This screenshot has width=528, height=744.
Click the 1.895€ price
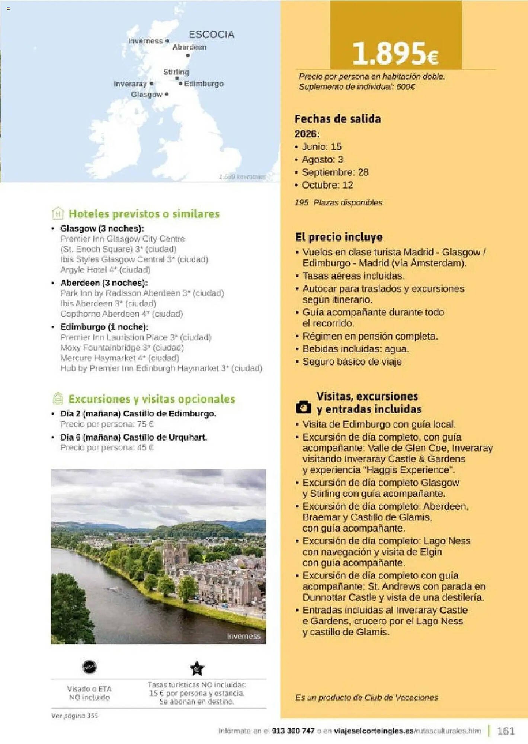pyautogui.click(x=395, y=53)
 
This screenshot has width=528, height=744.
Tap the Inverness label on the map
pyautogui.click(x=145, y=41)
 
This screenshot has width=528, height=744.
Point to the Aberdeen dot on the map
pyautogui.click(x=188, y=55)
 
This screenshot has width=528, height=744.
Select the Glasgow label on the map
pyautogui.click(x=146, y=94)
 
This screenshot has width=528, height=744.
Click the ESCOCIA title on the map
pyautogui.click(x=211, y=35)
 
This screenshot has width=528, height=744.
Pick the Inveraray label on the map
pyautogui.click(x=130, y=84)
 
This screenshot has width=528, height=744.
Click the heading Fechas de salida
pyautogui.click(x=337, y=119)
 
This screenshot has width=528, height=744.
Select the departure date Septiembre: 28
pyautogui.click(x=335, y=172)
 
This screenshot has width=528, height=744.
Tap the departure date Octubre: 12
pyautogui.click(x=327, y=185)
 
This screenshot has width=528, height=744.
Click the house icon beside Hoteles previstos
pyautogui.click(x=58, y=214)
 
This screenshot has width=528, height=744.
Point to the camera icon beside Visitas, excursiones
pyautogui.click(x=303, y=407)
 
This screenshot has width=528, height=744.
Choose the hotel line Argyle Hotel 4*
pyautogui.click(x=105, y=270)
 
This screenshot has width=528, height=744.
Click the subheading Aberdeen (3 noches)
pyautogui.click(x=104, y=283)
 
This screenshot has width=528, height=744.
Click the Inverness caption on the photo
pyautogui.click(x=244, y=636)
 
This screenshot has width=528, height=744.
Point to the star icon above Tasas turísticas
pyautogui.click(x=197, y=668)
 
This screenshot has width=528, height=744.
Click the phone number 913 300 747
pyautogui.click(x=293, y=731)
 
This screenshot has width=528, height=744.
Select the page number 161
pyautogui.click(x=506, y=731)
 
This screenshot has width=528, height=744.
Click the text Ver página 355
pyautogui.click(x=74, y=716)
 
